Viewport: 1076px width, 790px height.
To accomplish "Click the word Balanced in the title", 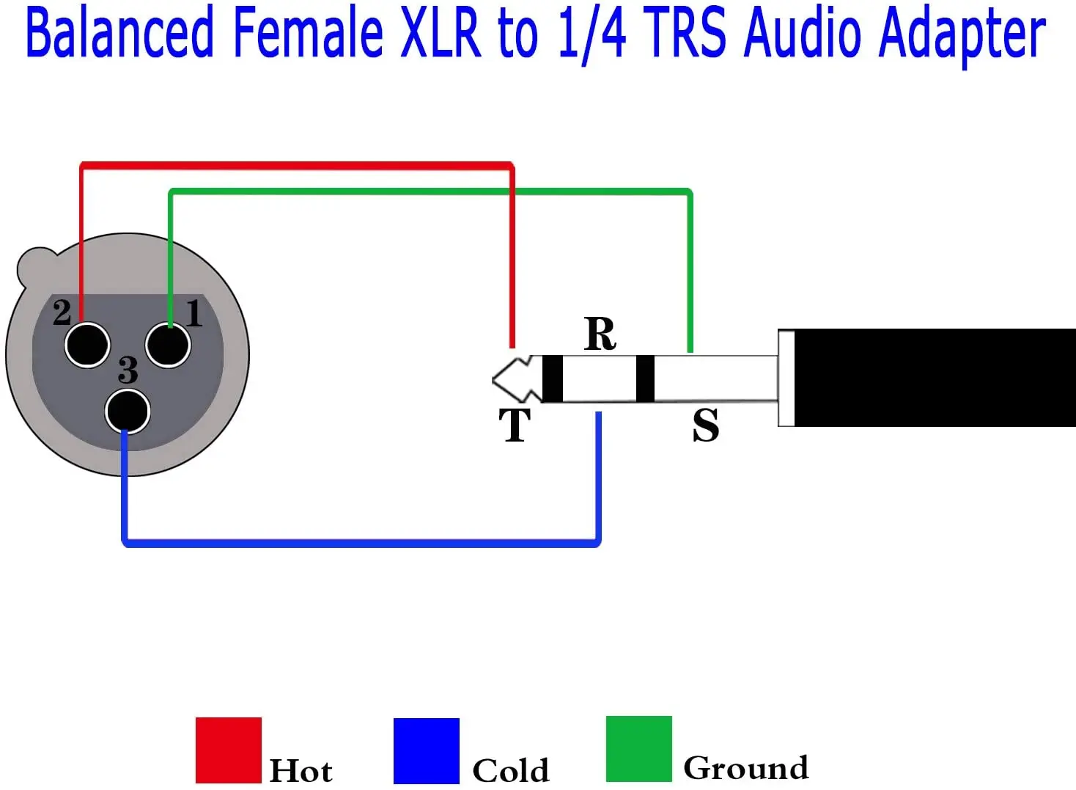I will tap(119, 34).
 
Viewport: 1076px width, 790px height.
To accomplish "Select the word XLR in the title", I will tap(439, 34).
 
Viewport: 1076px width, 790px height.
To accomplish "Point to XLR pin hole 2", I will tap(87, 345).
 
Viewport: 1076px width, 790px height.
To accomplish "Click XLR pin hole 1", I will tap(168, 345).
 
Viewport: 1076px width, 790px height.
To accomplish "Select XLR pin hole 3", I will tap(128, 412).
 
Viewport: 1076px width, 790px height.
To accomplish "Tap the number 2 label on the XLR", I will tap(62, 312).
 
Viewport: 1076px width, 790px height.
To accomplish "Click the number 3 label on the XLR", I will tap(128, 370).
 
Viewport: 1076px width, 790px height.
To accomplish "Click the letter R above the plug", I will tap(600, 334).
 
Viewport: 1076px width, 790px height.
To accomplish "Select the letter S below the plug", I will tap(705, 425).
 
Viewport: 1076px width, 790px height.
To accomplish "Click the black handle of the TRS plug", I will tap(931, 378).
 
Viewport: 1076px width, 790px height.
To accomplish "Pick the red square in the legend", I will tap(228, 750).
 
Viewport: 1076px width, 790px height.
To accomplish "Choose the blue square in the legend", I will tap(426, 750).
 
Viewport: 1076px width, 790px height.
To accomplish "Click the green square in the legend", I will tap(638, 749).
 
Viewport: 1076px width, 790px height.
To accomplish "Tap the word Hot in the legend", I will tap(301, 771).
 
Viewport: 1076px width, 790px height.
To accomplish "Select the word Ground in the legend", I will tap(745, 768).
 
